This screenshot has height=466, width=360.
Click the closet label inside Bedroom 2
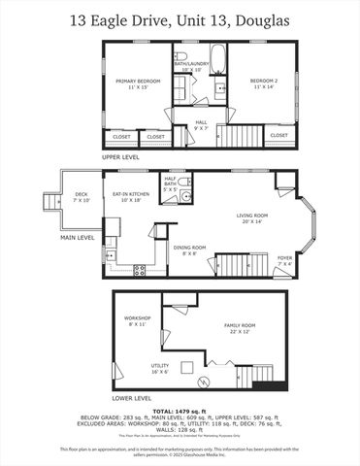pos(278,136)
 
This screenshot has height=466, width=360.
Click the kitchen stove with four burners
pos(139,270)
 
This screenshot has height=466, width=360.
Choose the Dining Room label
pos(190,250)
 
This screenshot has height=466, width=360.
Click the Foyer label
pos(284,259)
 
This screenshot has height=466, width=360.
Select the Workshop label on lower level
pos(135,320)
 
